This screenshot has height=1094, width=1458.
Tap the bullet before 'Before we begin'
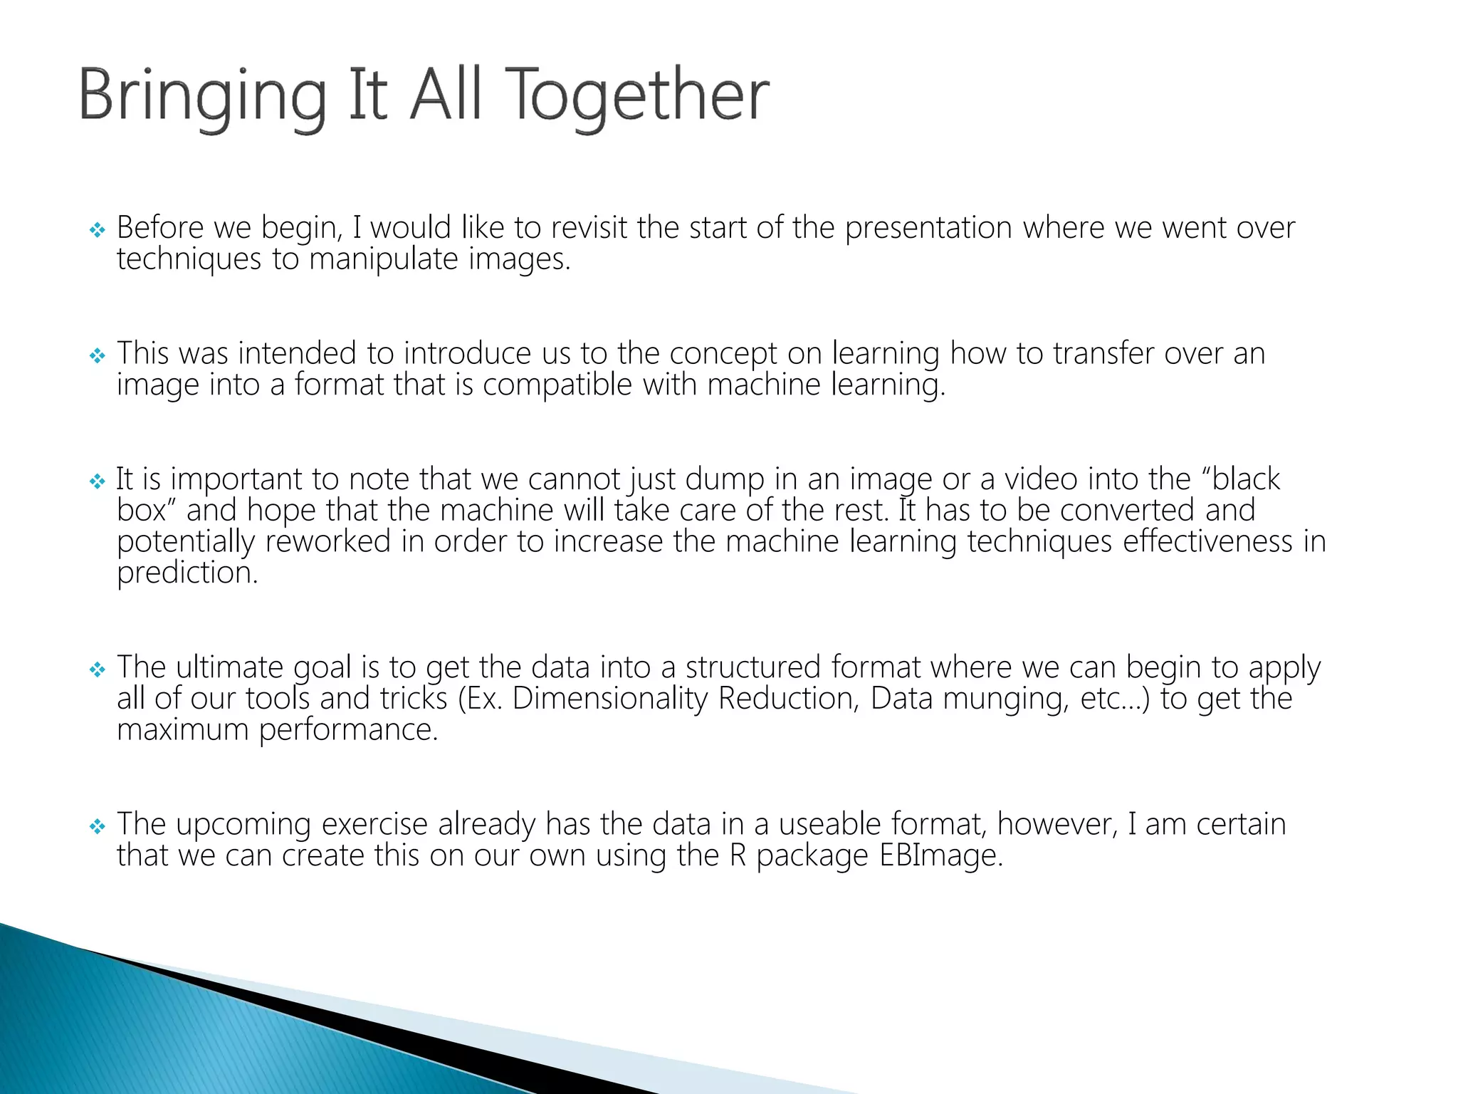[98, 230]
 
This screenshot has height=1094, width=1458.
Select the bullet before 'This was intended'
[98, 355]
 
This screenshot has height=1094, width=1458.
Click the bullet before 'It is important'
[98, 481]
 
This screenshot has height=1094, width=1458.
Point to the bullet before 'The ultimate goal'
[98, 670]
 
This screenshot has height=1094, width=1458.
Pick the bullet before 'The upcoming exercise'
[98, 826]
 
